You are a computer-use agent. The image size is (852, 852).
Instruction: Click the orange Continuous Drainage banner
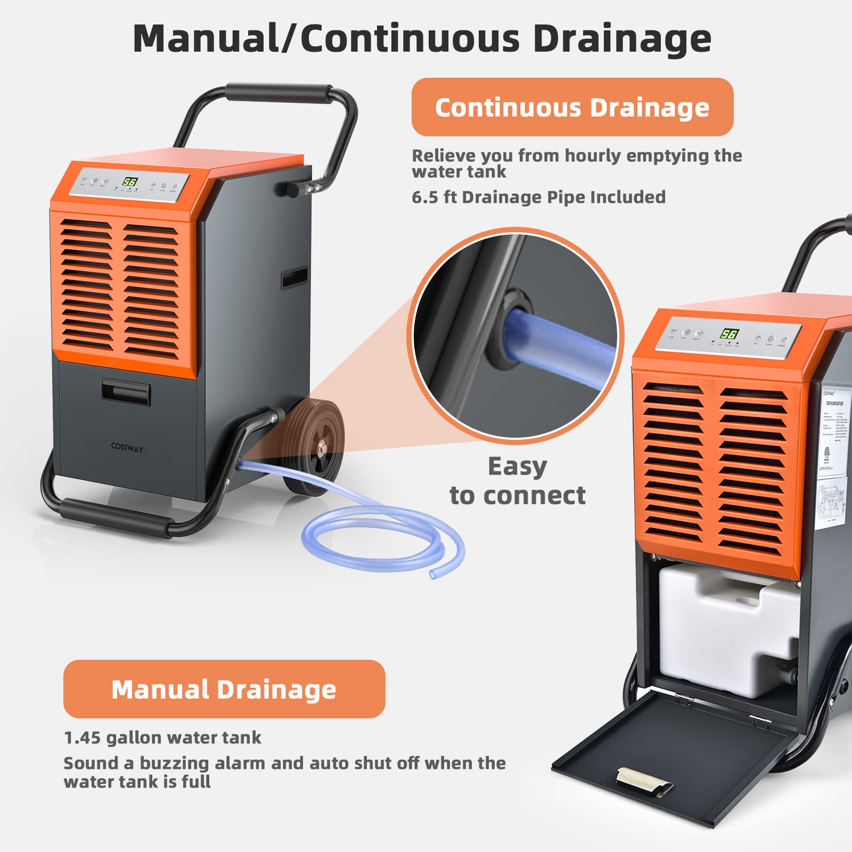click(572, 107)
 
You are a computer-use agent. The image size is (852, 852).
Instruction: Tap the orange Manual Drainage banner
click(224, 689)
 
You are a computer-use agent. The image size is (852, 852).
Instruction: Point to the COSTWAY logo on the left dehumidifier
click(127, 448)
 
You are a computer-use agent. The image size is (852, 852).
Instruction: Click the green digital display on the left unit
click(130, 181)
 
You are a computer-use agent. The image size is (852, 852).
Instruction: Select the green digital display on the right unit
click(729, 334)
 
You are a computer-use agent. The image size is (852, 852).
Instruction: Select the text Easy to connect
click(517, 481)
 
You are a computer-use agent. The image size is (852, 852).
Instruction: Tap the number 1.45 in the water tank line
click(82, 738)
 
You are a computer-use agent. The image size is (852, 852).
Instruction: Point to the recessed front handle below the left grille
click(126, 392)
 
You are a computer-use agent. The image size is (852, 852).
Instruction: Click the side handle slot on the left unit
click(294, 277)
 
